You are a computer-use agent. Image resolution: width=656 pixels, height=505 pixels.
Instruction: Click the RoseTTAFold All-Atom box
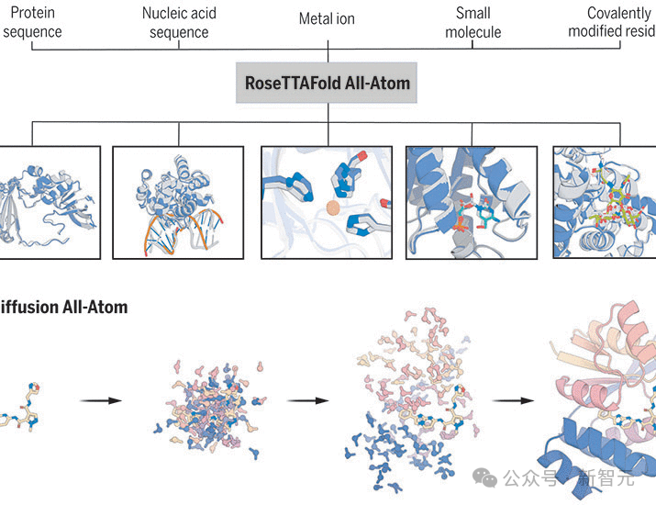328,83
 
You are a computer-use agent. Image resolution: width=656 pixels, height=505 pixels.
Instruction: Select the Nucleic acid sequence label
178,23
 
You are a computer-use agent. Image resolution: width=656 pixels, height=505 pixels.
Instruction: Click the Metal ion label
327,18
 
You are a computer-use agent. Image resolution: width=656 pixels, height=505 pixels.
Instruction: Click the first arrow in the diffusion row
101,400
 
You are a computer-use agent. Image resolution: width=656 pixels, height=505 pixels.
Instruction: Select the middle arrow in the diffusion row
308,400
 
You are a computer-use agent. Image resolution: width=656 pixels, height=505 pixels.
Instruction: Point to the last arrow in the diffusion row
514,400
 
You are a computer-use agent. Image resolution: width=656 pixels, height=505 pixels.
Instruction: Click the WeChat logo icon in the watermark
484,478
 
